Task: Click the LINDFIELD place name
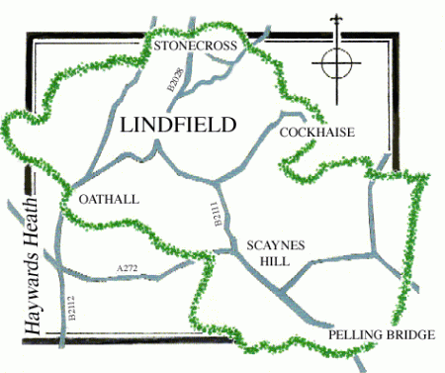(x=178, y=126)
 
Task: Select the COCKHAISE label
(x=316, y=133)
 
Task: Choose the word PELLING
(x=356, y=336)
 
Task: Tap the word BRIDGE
(x=410, y=336)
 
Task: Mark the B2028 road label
(x=175, y=82)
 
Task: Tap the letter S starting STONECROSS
(x=152, y=46)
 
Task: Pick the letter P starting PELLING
(x=331, y=336)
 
